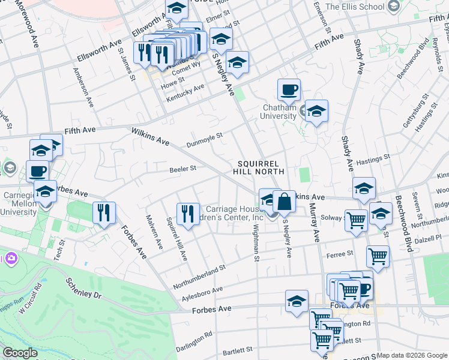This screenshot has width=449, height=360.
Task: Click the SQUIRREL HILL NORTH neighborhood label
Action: pos(258,167)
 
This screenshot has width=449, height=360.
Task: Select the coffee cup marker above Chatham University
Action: pos(289,90)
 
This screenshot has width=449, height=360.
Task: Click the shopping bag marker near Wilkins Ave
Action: pos(285,201)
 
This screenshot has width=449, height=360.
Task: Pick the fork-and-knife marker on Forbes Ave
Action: pos(104,212)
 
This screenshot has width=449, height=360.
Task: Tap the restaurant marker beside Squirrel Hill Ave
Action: pos(188,214)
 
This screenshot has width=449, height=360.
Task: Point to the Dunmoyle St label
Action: pos(205,139)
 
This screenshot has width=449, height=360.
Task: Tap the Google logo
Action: pos(20,353)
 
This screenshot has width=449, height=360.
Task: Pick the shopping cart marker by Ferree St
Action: pos(378,257)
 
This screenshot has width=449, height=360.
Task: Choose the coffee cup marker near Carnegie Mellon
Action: pos(37,171)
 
